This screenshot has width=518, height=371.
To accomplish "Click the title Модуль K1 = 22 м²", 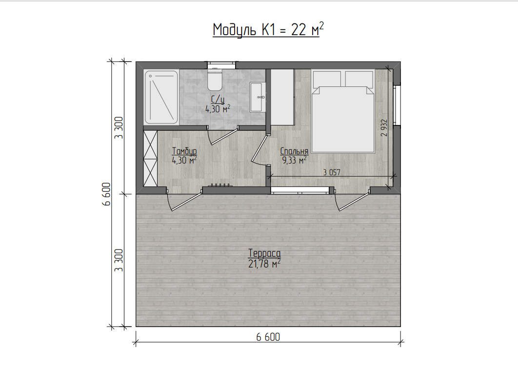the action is coord(268,30).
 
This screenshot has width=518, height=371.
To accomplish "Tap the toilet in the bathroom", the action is coord(215,80).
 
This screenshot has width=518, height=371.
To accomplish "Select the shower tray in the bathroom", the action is coord(161,97).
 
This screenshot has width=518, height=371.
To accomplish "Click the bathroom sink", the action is coord(258,97).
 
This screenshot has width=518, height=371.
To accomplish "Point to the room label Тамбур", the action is coord(184,151).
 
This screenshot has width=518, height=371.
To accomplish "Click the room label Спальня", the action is coord(294,151).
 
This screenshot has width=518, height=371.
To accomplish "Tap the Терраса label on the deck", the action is coord(264,253).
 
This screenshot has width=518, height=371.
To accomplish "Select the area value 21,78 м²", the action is coord(264,264).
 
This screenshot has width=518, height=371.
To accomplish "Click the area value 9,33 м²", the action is coord(294,161).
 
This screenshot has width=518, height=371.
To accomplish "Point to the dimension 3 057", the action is coord(331,172).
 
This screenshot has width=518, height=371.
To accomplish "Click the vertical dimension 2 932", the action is coord(384,127).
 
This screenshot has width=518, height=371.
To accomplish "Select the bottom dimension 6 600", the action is coord(268,337).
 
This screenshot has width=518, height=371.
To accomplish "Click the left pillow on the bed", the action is coord(327,79).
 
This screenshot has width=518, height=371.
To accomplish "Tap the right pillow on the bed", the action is coord(359,79).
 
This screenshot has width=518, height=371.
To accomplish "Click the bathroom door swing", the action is coord(222,136).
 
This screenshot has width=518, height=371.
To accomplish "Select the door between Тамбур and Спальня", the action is coord(261,149).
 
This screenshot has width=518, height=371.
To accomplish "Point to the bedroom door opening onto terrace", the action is coord(352,200).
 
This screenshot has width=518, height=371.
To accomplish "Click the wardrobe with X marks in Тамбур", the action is coord(150,158).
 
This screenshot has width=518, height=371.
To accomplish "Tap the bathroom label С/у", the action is coord(218,99).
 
